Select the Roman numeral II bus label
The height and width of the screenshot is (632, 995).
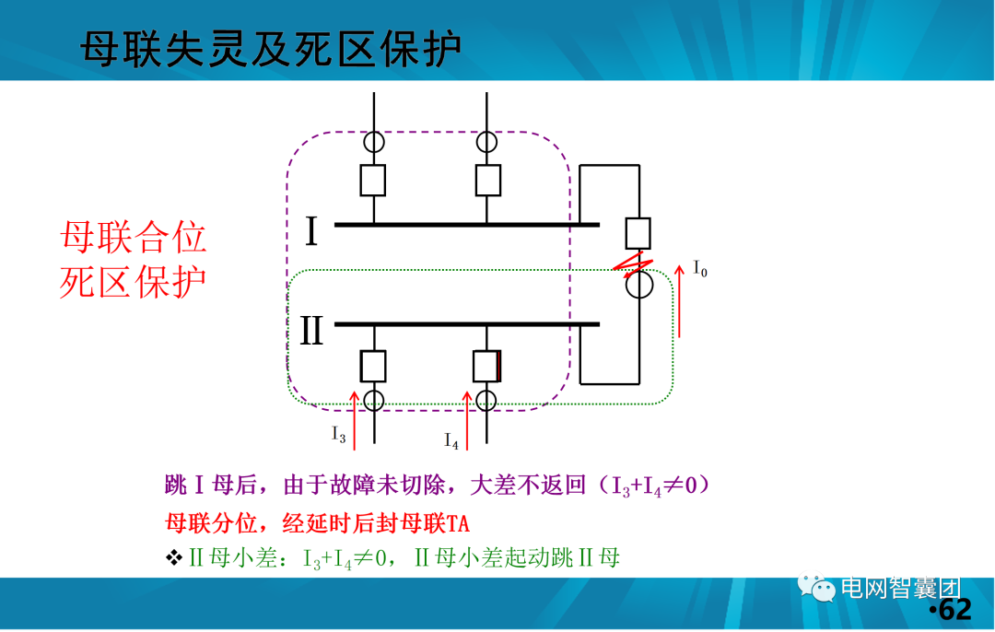point(311,331)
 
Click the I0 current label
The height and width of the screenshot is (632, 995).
point(700,271)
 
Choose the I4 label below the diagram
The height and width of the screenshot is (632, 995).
point(451,441)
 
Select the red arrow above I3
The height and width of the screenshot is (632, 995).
point(355,419)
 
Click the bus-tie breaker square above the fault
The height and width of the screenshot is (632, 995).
point(638,233)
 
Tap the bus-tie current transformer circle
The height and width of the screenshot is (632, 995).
point(638,286)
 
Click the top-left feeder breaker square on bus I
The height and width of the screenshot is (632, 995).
point(373,181)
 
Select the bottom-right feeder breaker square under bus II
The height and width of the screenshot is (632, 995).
point(486,366)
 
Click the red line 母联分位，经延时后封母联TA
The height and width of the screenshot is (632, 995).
point(318,525)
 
